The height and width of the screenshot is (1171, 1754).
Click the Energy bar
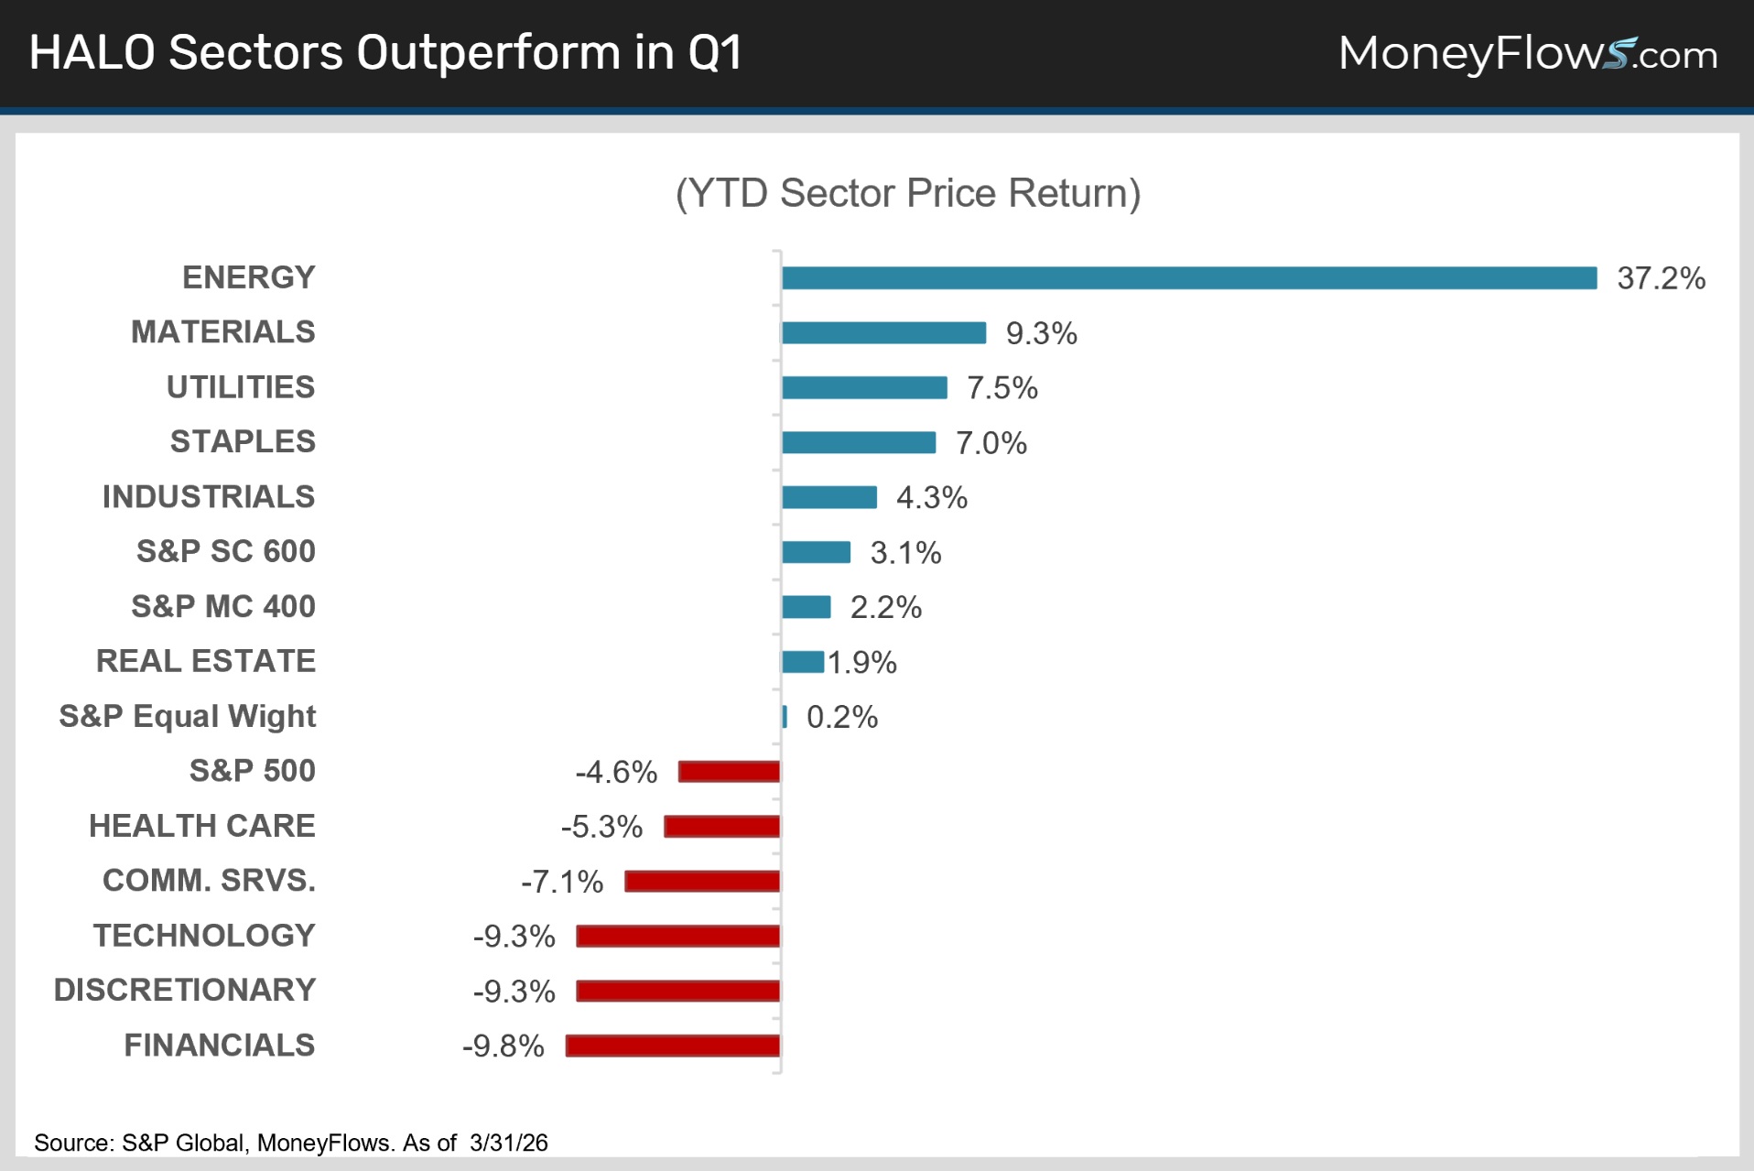pos(1189,277)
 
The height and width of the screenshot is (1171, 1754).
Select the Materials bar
pos(883,332)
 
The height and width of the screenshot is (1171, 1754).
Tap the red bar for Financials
pos(673,1046)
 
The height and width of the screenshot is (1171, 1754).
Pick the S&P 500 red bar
pos(729,772)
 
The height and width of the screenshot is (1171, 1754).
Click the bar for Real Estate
pos(803,662)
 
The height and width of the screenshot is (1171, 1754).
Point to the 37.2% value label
pos(1661,278)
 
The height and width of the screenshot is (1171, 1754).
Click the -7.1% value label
pos(562,882)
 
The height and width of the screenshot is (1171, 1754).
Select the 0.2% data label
pos(842,717)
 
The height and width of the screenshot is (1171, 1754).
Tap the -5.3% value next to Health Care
pos(601,827)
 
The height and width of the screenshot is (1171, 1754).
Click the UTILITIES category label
pos(241,387)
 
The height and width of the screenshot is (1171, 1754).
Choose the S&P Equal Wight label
pos(188,717)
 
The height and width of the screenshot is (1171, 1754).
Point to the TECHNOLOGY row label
pos(204,936)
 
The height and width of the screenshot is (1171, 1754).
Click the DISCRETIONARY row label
pos(185,991)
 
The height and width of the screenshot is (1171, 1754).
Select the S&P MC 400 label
pos(223,606)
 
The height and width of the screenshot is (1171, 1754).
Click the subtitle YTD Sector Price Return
pos(908,193)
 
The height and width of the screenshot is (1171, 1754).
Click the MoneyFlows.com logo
pos(1528,54)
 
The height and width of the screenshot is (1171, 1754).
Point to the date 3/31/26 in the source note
pos(509,1143)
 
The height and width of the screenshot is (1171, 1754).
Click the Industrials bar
pos(829,497)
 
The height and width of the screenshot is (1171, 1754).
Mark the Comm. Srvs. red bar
pos(702,882)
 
